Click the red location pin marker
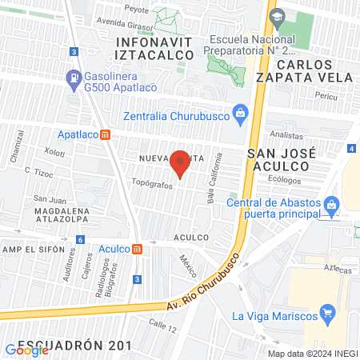click(x=180, y=163)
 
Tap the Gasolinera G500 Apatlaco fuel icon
click(x=74, y=78)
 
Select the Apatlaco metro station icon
click(x=106, y=135)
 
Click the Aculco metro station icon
click(x=138, y=249)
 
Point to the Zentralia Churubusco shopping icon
click(x=238, y=113)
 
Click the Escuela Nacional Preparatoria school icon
click(x=277, y=17)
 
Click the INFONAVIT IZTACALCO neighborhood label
click(x=155, y=47)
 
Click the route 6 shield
click(x=80, y=239)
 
